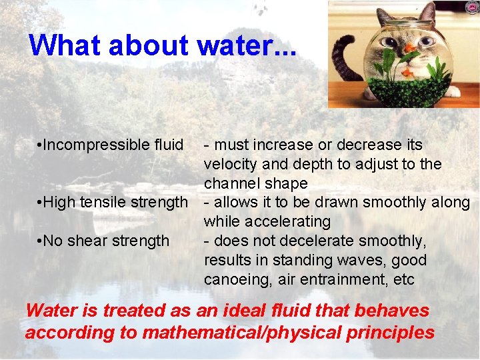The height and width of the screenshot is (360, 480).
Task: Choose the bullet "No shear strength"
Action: pyautogui.click(x=106, y=240)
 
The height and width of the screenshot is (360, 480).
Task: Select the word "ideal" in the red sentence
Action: pyautogui.click(x=224, y=311)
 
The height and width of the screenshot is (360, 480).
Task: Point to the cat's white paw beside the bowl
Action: pyautogui.click(x=454, y=91)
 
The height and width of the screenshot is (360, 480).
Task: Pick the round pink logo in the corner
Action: pyautogui.click(x=472, y=7)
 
